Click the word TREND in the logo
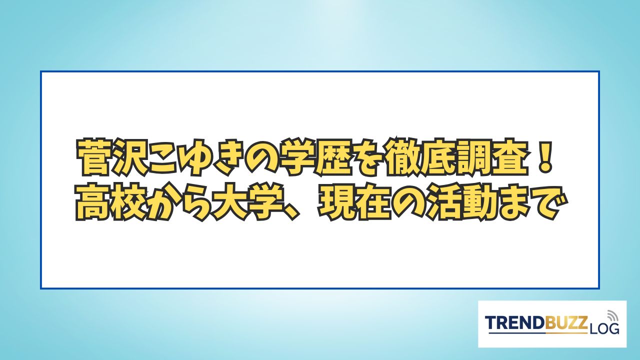pos(516,323)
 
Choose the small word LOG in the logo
pos(604,328)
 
